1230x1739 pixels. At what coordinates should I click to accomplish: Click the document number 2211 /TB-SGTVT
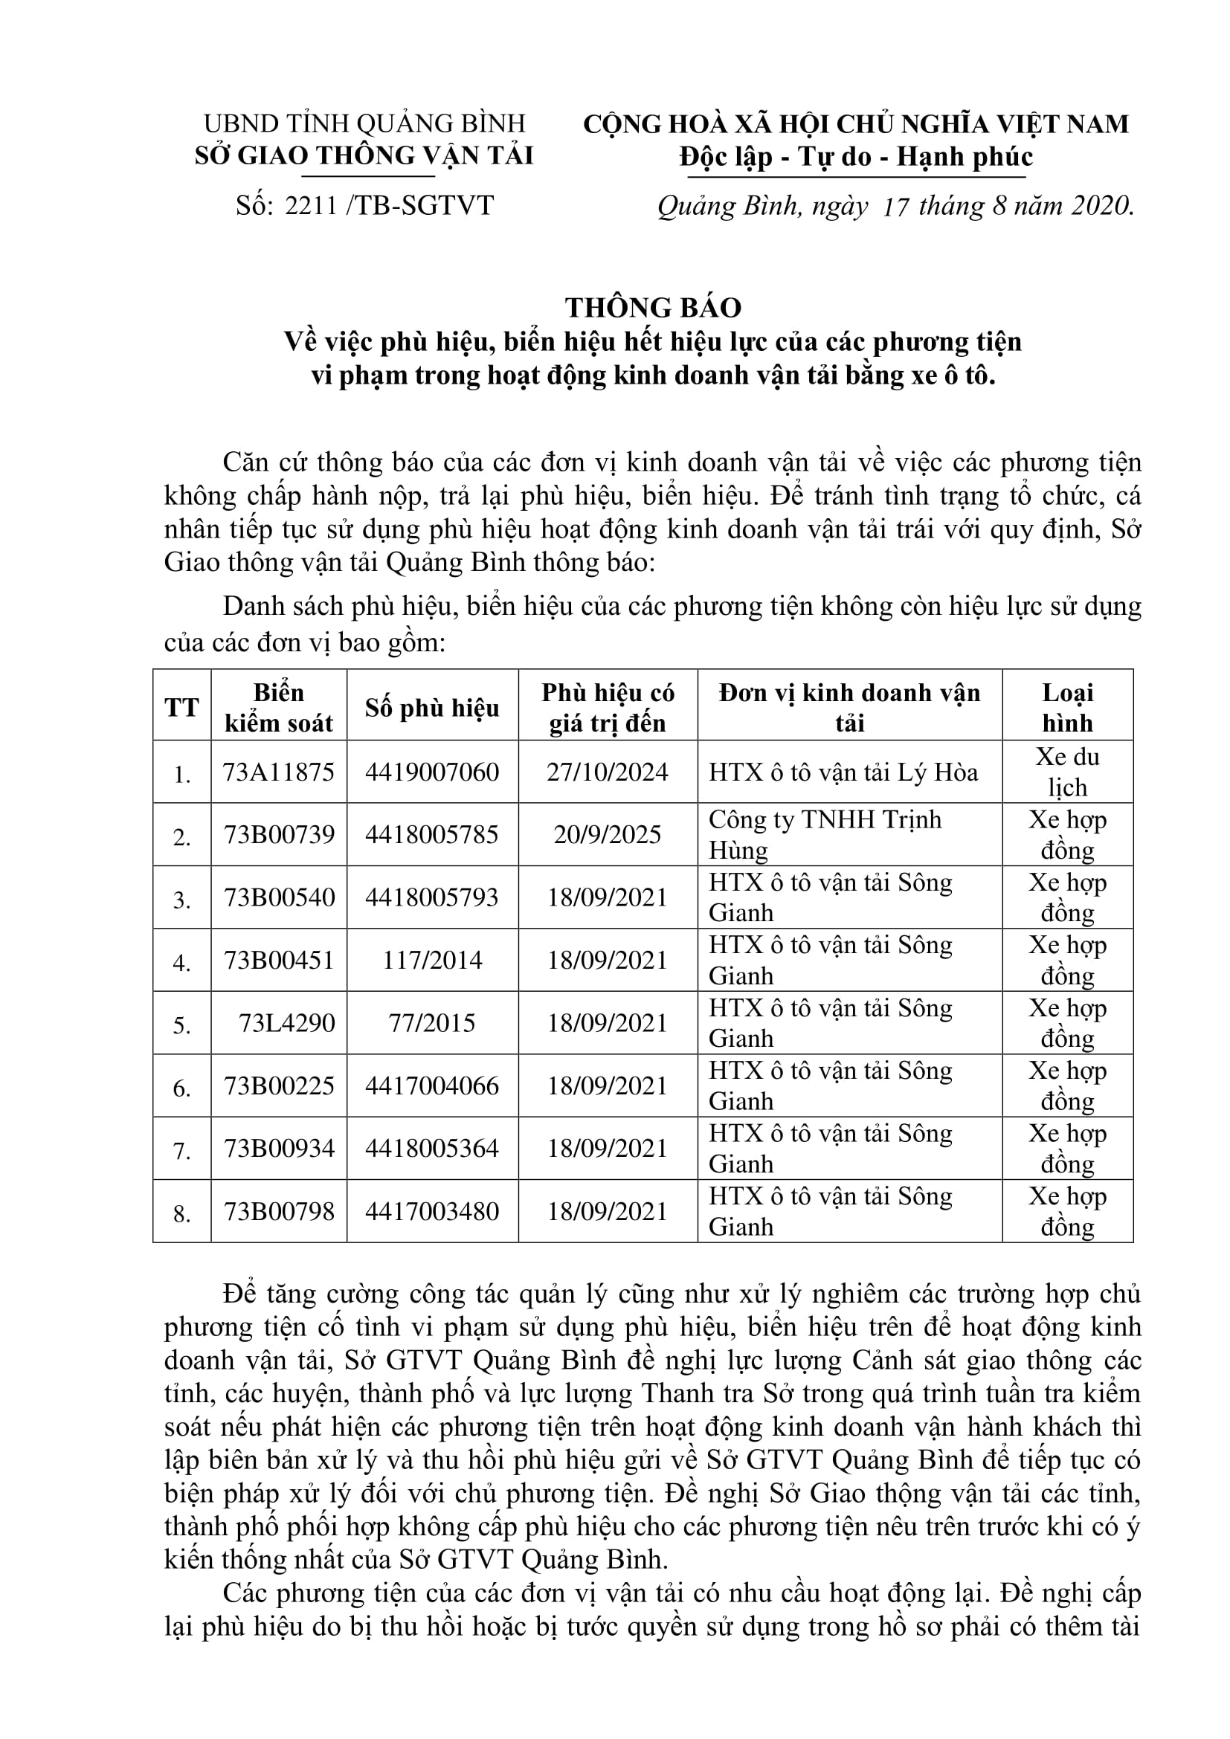364,205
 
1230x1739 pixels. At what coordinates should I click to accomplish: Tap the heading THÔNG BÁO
653,308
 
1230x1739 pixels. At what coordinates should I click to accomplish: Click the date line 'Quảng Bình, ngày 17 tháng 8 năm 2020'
895,206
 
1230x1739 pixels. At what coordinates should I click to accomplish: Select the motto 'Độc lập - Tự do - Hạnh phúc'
856,157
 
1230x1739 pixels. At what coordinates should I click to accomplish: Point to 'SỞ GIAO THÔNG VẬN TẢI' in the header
364,155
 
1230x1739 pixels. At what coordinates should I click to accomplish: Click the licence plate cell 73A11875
279,772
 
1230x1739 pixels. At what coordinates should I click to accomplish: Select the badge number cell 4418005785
432,835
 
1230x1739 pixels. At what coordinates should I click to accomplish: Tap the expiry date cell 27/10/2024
608,772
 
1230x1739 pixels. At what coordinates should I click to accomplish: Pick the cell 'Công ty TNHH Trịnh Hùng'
825,835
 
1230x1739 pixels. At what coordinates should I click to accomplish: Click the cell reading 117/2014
432,961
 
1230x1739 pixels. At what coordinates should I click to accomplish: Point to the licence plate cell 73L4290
286,1023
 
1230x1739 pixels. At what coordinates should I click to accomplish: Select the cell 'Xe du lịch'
1067,772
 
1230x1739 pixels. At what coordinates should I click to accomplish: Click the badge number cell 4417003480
432,1211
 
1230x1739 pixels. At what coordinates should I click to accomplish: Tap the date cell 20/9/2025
608,835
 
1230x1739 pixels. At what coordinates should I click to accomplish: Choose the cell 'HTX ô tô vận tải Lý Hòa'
843,772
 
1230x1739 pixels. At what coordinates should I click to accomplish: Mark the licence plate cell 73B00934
279,1148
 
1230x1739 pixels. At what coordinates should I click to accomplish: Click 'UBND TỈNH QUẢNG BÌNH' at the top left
364,123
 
